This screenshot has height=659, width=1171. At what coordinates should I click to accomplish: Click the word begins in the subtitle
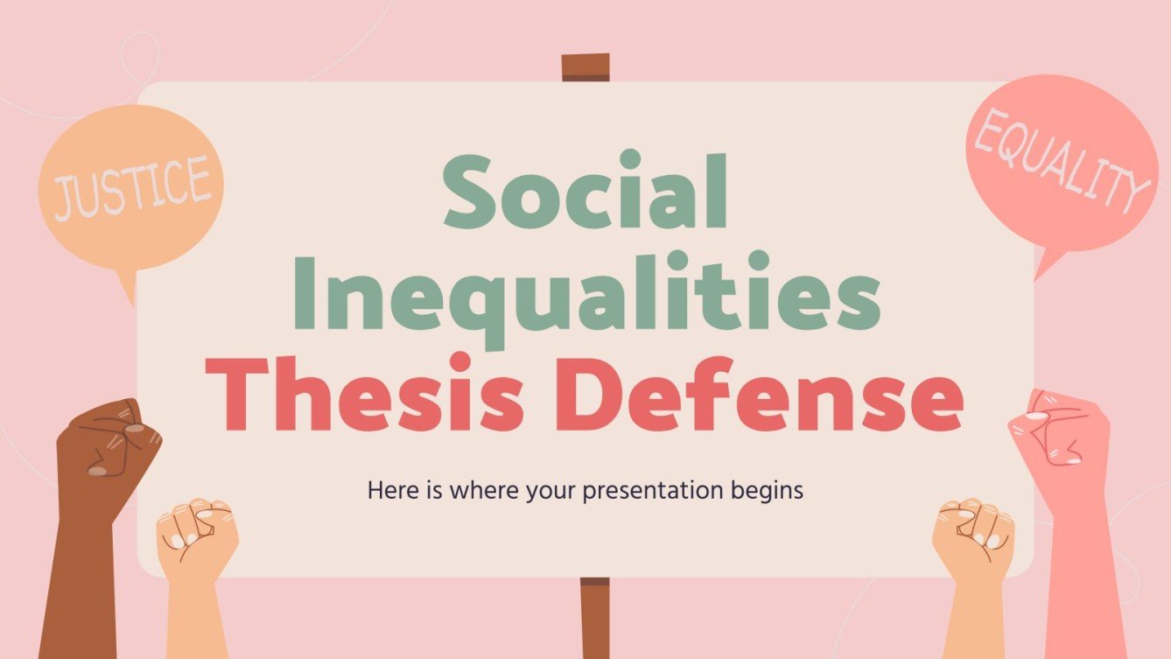click(767, 491)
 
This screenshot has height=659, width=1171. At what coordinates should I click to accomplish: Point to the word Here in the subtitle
click(388, 491)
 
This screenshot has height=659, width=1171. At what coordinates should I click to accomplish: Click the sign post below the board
click(594, 617)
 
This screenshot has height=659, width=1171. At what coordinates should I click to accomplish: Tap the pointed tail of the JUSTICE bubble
click(128, 284)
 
